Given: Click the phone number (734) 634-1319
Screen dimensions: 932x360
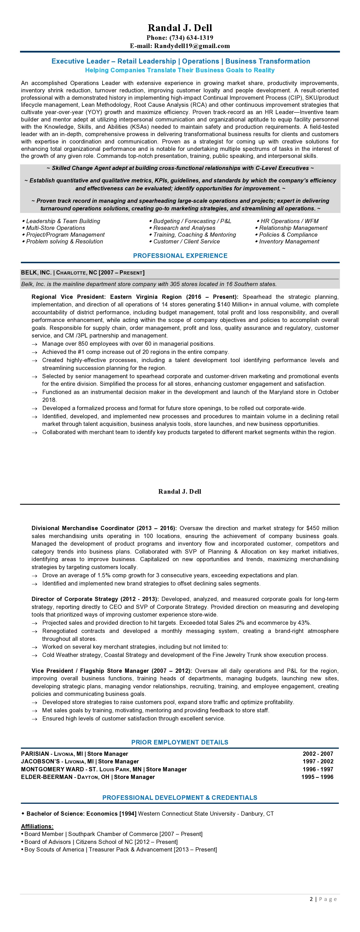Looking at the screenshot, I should [x=191, y=38].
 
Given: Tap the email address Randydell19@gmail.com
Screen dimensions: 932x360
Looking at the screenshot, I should [x=192, y=46].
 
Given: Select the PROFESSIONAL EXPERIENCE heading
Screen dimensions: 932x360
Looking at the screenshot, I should [x=180, y=256].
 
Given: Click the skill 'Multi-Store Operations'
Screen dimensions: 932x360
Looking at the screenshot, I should [x=55, y=228].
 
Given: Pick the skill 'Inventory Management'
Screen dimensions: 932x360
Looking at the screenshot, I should [x=289, y=242].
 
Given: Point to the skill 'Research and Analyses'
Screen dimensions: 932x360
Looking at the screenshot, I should [x=184, y=228].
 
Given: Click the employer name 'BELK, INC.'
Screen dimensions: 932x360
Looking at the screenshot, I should [x=36, y=273].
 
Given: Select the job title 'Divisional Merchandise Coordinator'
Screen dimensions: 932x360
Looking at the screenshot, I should [x=83, y=528].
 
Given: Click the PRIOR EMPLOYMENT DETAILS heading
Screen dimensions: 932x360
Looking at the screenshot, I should [x=180, y=742].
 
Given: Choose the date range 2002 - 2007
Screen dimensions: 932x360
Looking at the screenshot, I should [x=318, y=754].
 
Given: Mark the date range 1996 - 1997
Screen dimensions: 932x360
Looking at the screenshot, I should [x=318, y=770].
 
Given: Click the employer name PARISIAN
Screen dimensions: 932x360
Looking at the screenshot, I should [x=35, y=754].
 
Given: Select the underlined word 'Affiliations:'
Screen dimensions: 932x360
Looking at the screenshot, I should [x=37, y=826].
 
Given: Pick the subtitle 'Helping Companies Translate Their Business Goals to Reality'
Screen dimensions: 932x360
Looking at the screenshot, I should [x=180, y=70].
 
